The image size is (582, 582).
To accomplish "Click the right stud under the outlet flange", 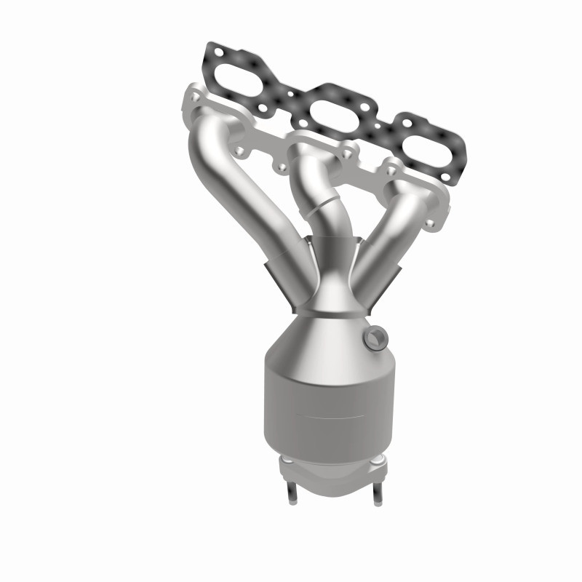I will coord(378,495).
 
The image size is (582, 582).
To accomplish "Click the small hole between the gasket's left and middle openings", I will coord(290,94).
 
